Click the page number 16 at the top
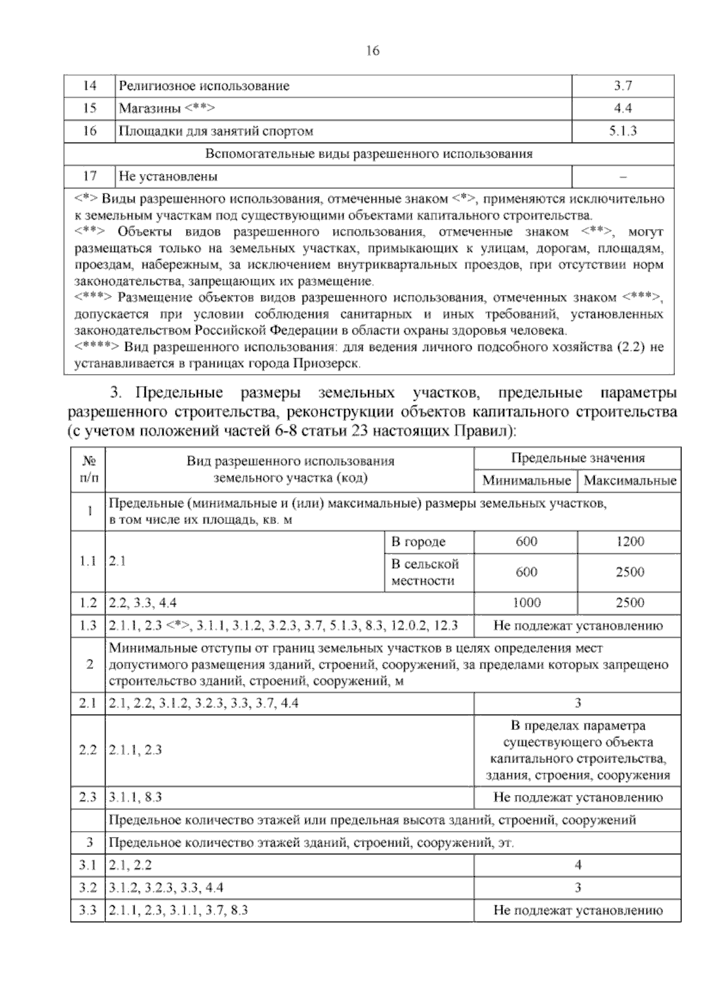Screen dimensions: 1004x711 [x=373, y=51]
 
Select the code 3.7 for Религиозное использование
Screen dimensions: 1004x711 [x=623, y=86]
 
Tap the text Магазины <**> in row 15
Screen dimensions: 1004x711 [x=166, y=108]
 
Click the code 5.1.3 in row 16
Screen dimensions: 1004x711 [x=623, y=131]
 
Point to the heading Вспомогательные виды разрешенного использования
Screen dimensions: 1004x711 [x=369, y=154]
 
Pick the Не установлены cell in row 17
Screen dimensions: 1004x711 [x=168, y=176]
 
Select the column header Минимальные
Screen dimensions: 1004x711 [x=526, y=480]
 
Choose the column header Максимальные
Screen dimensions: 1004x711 [x=630, y=480]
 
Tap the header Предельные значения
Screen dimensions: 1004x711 [x=578, y=458]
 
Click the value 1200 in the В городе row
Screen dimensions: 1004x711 [x=630, y=542]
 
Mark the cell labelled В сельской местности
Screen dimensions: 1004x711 [x=425, y=572]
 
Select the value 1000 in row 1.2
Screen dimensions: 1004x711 [x=526, y=603]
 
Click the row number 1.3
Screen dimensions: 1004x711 [x=88, y=626]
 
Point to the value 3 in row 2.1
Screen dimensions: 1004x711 [x=578, y=703]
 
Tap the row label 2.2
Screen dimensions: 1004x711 [x=88, y=750]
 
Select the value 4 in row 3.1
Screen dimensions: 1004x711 [x=578, y=865]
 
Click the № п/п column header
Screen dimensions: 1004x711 [x=88, y=469]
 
